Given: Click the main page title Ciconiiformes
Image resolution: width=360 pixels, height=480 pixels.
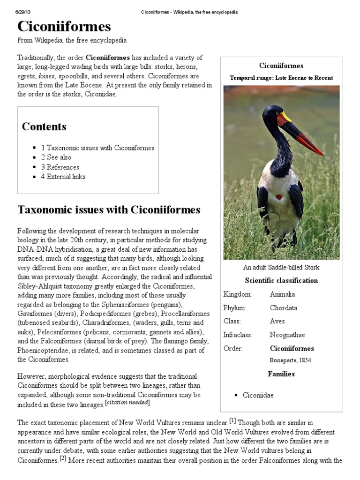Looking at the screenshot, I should coord(64,26).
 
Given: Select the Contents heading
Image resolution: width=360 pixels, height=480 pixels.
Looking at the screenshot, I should coord(44,127).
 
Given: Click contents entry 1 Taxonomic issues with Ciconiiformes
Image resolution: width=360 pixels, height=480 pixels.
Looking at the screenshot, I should coord(97,148).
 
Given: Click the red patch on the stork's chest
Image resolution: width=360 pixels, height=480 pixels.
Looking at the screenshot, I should coord(279,197).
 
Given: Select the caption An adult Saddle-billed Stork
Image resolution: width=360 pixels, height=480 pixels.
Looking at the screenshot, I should coord(281,268).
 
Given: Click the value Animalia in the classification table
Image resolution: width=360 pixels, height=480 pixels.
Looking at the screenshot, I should coord(283,294).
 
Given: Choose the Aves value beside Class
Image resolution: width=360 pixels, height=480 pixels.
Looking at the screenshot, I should coord(277,322).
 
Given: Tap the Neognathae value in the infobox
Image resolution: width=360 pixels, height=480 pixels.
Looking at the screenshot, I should coord(287,335).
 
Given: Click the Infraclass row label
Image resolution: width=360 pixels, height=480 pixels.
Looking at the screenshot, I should coord(238,335).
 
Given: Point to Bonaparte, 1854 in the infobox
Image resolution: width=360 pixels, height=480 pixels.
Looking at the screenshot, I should coord(290,360).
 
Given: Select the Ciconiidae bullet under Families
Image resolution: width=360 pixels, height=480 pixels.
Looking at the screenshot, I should coord(258,395).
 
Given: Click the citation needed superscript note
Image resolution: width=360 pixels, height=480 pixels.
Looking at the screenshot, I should coord(127,403).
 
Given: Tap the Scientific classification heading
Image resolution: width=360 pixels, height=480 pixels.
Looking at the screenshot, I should coord(281,281).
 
